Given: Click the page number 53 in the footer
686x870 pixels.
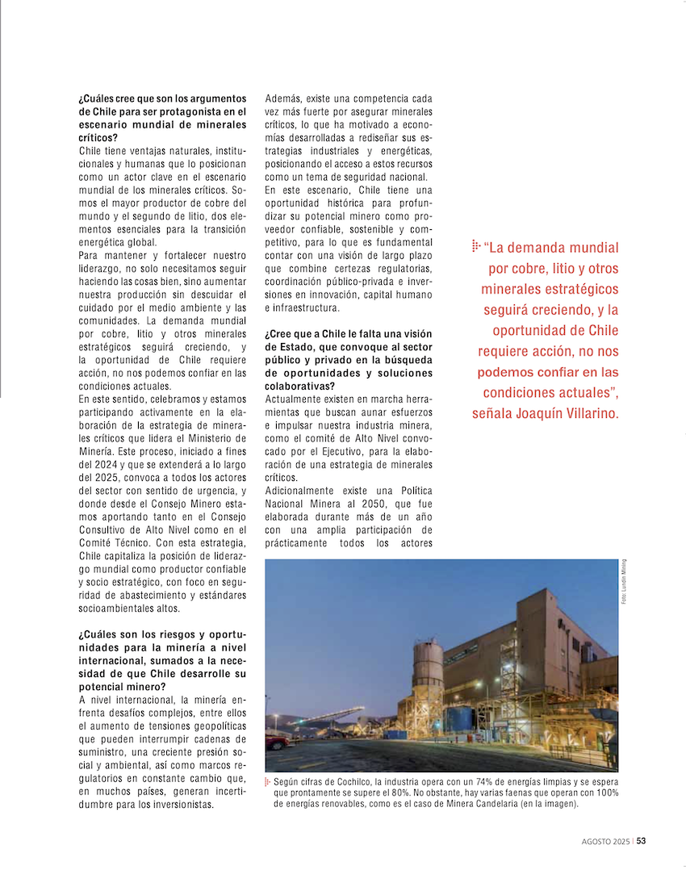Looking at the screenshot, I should [x=641, y=840].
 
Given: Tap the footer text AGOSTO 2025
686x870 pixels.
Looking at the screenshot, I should [x=605, y=840].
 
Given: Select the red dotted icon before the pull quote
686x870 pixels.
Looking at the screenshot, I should [x=476, y=246].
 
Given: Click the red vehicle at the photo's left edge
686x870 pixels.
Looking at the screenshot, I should [x=275, y=741].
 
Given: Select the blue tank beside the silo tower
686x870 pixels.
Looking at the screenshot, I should [x=459, y=719].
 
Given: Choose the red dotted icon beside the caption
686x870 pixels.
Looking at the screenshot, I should [x=268, y=782].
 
